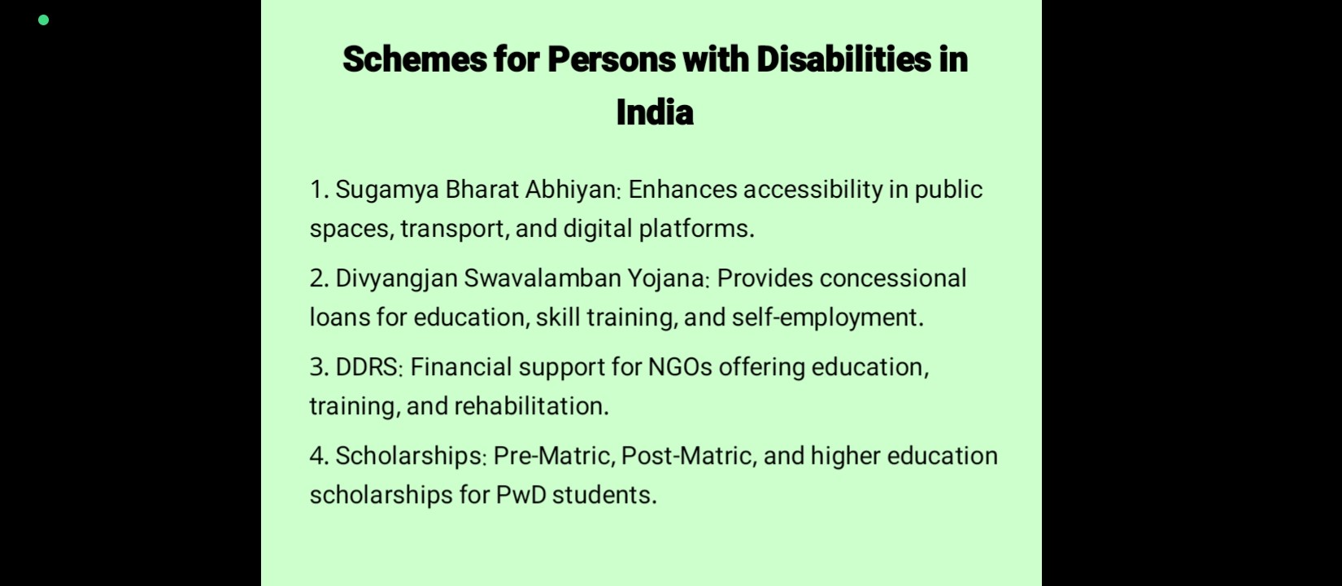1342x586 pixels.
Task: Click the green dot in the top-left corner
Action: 43,20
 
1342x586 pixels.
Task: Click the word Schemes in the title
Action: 415,59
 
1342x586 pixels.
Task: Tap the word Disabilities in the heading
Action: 843,59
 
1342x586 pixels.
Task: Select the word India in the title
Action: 655,112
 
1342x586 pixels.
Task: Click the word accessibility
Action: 813,190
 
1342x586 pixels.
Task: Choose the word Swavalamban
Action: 542,278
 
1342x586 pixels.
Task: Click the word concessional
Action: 893,278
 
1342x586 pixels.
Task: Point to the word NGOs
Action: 680,367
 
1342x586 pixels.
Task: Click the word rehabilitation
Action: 531,406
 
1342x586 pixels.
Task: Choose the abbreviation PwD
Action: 521,496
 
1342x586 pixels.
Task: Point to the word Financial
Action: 460,367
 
